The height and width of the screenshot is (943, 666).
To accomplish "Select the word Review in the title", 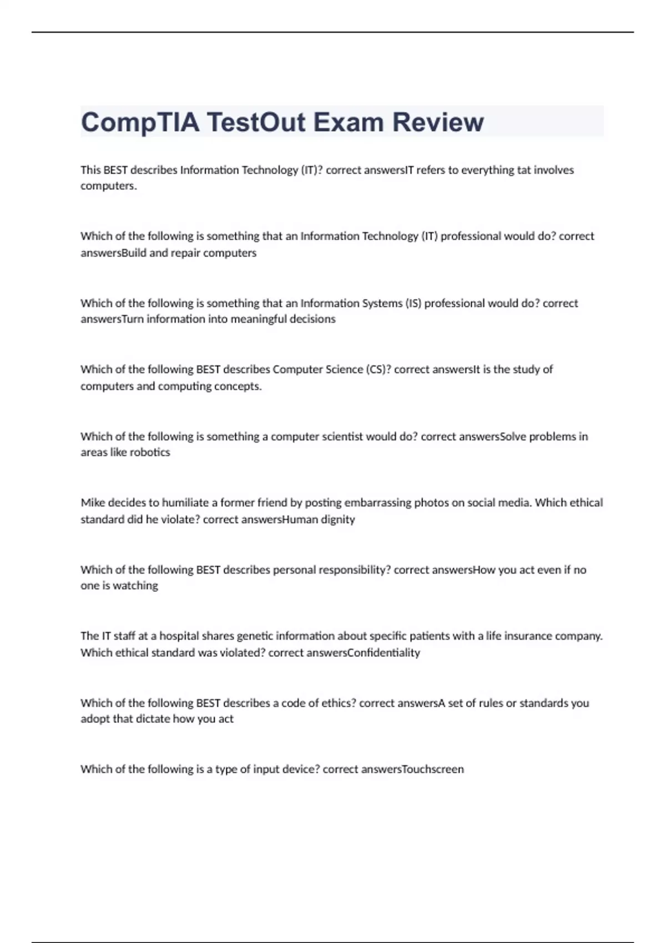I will [438, 122].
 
